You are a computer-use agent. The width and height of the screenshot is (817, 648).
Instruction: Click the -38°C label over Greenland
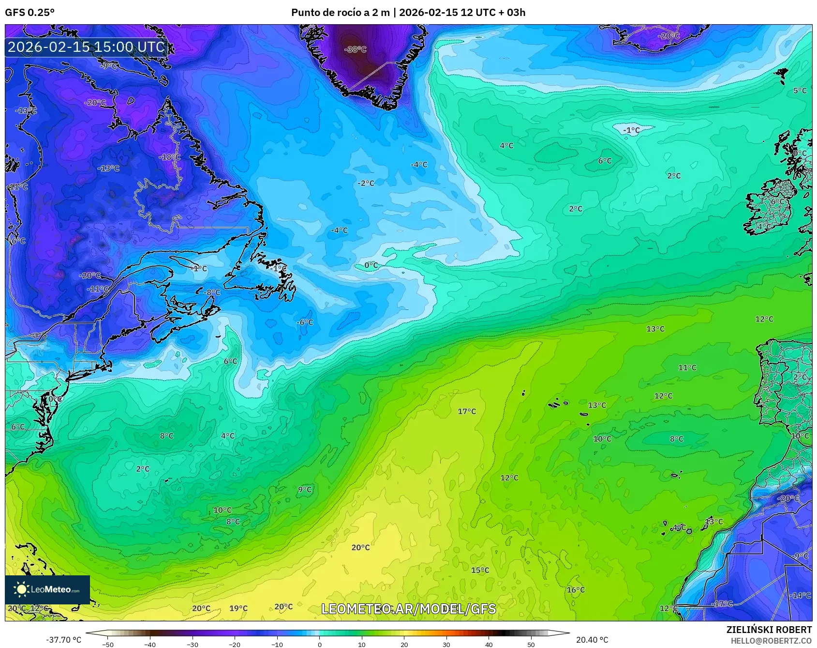[356, 49]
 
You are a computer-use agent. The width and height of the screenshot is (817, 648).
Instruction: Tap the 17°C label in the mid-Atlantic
[467, 411]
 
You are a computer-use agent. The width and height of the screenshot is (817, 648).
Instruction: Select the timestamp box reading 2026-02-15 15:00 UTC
[87, 47]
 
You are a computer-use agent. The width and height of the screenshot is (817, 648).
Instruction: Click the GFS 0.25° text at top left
[30, 13]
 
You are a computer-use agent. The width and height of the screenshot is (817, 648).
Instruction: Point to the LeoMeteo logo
[47, 589]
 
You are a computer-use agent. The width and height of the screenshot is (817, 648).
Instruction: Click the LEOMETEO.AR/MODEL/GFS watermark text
[409, 609]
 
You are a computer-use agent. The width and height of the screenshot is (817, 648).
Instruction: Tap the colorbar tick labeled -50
[108, 644]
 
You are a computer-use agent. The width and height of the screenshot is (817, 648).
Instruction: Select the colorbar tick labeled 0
[320, 644]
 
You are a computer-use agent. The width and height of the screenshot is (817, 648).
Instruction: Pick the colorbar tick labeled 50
[531, 644]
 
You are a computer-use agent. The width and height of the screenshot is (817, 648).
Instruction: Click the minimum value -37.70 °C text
[63, 640]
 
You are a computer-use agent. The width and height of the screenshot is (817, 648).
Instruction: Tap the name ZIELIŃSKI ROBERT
[769, 630]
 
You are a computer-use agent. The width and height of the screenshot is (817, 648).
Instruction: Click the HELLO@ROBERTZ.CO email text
[771, 641]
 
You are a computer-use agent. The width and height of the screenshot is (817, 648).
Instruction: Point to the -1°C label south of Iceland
[631, 130]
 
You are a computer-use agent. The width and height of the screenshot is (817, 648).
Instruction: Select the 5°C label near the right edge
[800, 91]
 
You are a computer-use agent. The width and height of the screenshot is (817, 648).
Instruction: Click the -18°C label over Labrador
[170, 157]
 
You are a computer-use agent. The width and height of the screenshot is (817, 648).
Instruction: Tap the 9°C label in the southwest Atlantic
[305, 490]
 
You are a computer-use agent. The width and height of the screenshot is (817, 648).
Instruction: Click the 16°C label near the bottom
[576, 589]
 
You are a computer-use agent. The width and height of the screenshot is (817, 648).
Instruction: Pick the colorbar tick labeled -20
[235, 644]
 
